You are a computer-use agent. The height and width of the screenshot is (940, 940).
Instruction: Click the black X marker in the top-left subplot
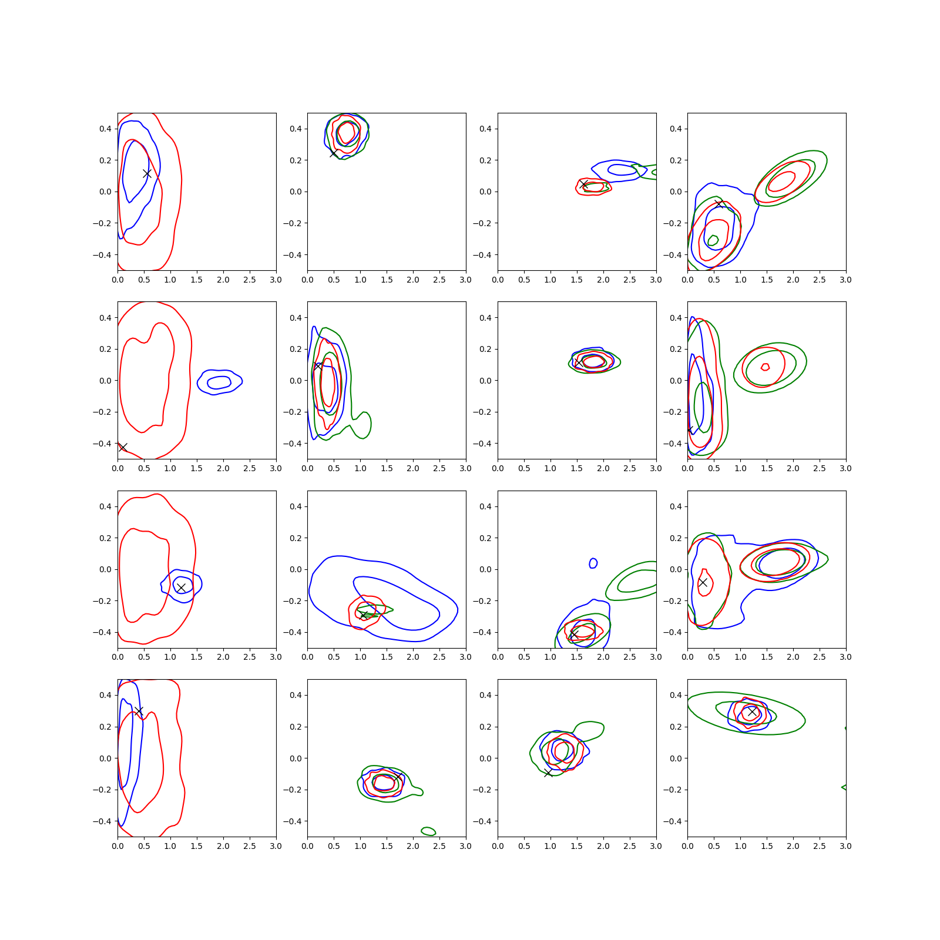[x=147, y=174]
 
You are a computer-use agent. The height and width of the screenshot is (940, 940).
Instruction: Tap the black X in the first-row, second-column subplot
[x=334, y=153]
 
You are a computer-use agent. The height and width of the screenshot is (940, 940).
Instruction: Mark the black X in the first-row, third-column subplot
[x=583, y=185]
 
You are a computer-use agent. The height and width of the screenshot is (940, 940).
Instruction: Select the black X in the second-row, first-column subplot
[x=123, y=448]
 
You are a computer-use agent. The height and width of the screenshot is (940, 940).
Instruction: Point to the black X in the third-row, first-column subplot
[x=181, y=587]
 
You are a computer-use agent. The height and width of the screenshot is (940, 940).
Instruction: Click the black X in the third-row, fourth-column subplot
[x=703, y=582]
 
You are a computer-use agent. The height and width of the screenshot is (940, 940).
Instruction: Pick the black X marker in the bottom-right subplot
[x=752, y=711]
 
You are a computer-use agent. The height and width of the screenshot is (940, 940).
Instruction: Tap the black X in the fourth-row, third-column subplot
[x=548, y=773]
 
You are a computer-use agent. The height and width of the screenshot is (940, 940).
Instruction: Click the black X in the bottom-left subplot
[x=139, y=711]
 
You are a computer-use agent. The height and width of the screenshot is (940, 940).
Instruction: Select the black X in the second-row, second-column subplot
[x=318, y=365]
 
